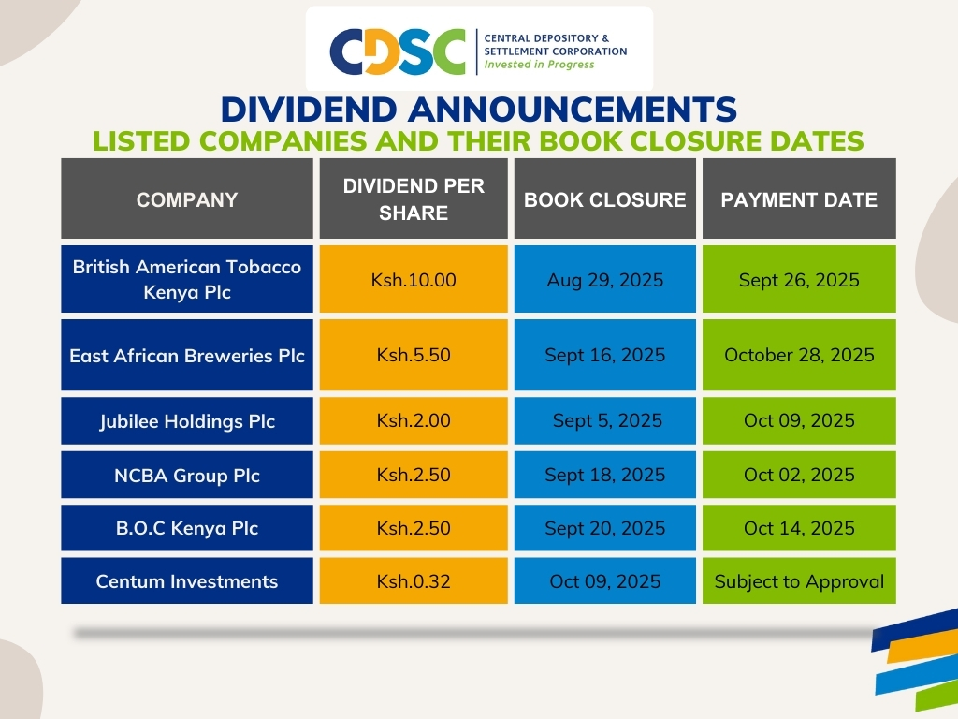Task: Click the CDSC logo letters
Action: tap(398, 51)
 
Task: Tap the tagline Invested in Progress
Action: tap(539, 65)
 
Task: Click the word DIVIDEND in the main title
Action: tap(309, 110)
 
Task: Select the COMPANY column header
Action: tap(187, 198)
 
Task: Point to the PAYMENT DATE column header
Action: tap(799, 198)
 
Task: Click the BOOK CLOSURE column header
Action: tap(605, 198)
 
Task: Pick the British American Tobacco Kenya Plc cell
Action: tap(187, 279)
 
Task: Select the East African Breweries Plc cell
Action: tap(187, 355)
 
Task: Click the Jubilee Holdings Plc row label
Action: tap(187, 420)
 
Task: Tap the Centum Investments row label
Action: tap(187, 580)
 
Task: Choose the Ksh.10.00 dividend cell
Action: tap(414, 279)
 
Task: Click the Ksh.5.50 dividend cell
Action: tap(414, 355)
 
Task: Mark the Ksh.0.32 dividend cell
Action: tap(414, 580)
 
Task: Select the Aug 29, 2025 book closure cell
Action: tap(605, 279)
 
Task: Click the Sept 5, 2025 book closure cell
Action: tap(605, 420)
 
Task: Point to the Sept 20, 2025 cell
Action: tap(605, 528)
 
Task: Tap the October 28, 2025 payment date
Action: tap(799, 355)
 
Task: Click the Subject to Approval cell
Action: tap(799, 580)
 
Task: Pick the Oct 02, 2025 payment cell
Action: tap(799, 475)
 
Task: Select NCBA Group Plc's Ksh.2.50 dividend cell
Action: tap(414, 475)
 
